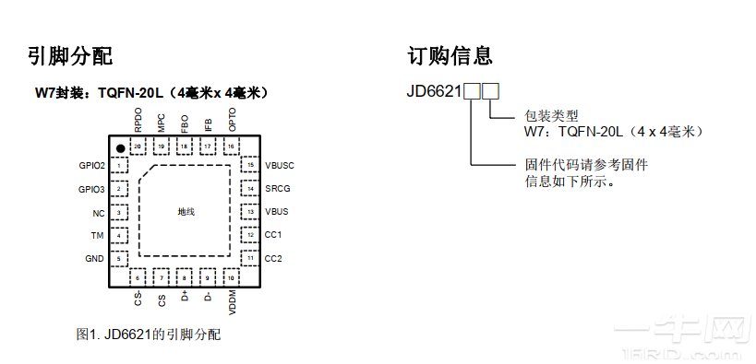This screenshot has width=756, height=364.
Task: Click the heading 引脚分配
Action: coord(70,56)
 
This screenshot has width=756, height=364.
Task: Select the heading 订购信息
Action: coord(450,56)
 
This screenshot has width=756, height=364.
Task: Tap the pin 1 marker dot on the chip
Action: coord(119,147)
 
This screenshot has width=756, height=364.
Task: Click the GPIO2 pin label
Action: coord(91,166)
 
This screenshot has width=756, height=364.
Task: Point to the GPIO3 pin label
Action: coord(91,189)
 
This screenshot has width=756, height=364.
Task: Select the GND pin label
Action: coord(94,259)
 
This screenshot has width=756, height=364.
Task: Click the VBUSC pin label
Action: coord(280,166)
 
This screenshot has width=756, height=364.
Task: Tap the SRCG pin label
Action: coord(277,189)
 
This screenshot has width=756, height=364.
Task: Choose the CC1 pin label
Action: coord(273,235)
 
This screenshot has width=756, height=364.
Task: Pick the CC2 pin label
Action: coord(273,259)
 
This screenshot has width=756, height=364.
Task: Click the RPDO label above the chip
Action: coord(138,120)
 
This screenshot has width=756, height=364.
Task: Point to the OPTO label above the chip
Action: coord(232,120)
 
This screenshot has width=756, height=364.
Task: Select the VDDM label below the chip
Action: coord(232,301)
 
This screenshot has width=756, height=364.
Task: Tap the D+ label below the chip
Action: coord(185,298)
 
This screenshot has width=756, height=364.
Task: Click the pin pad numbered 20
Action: coord(138,147)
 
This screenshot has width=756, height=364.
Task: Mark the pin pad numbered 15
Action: coord(250,166)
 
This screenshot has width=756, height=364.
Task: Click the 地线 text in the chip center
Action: coord(186,212)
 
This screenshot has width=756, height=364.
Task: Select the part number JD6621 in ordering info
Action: coord(434,91)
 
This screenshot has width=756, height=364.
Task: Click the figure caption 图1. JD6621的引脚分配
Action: coord(149,335)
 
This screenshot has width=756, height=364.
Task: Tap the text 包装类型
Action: coord(550,116)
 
